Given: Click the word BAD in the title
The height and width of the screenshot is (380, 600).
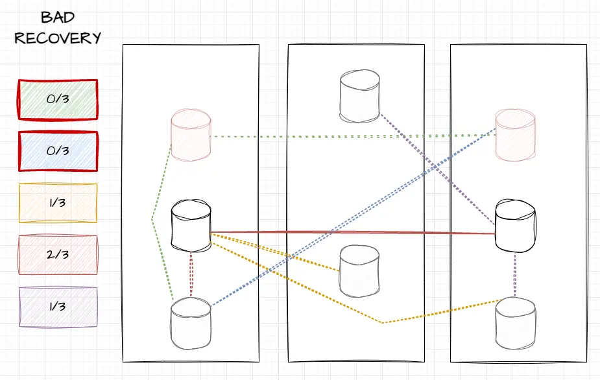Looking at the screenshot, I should pos(58,18).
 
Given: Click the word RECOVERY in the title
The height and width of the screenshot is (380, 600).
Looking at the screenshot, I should pos(58,38).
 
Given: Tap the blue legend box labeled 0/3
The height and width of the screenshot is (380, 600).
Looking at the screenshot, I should pos(58,151).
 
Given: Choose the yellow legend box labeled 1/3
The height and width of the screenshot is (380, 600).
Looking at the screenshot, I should pos(58,203).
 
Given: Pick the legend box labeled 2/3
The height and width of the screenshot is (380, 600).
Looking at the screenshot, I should pos(58,255).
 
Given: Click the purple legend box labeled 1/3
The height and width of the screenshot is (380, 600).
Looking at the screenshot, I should pos(58,307).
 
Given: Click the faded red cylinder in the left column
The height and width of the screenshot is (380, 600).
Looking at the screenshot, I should pos(191,136).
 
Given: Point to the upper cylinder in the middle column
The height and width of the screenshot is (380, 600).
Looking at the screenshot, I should pos(359,97).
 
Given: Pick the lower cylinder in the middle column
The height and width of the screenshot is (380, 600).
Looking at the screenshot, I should pos(359,270).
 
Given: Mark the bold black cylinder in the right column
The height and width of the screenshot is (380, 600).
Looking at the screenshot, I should pos(515,226).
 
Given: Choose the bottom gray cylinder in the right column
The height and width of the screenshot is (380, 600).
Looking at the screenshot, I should pos(515,322).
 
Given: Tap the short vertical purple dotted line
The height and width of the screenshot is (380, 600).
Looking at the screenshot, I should pos(515,275).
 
